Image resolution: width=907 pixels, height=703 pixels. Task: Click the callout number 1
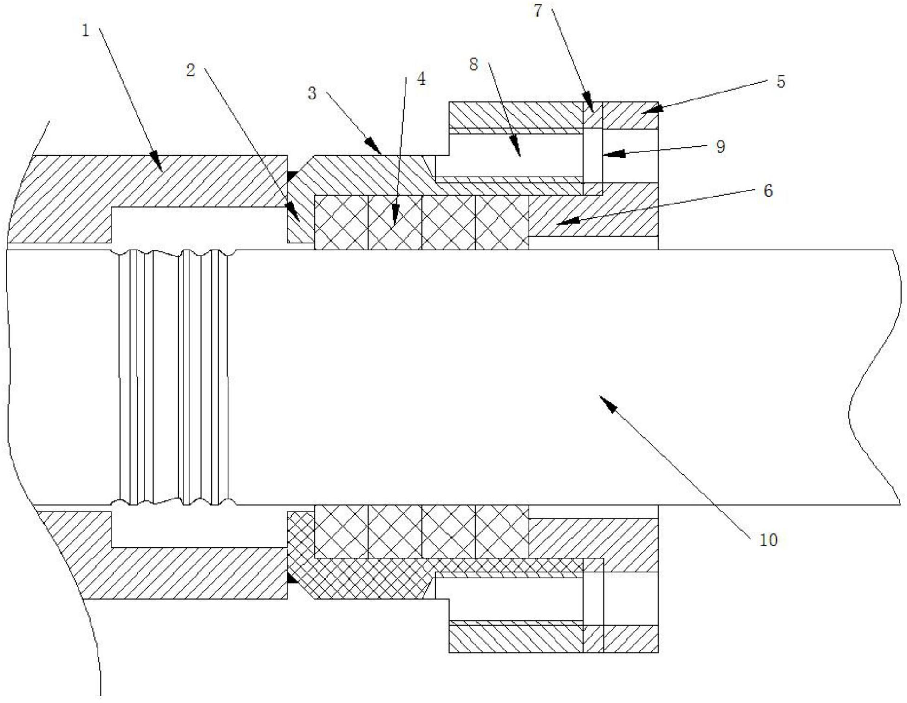pyautogui.click(x=85, y=31)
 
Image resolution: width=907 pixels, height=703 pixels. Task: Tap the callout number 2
pyautogui.click(x=190, y=71)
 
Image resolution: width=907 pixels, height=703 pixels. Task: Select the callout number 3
pyautogui.click(x=312, y=93)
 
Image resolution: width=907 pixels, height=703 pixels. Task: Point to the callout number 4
pyautogui.click(x=421, y=79)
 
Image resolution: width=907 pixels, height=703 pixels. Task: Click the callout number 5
pyautogui.click(x=781, y=82)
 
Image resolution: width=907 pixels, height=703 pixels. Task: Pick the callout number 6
pyautogui.click(x=768, y=191)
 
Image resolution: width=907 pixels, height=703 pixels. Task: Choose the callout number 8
pyautogui.click(x=473, y=65)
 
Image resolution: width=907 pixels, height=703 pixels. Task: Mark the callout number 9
pyautogui.click(x=720, y=147)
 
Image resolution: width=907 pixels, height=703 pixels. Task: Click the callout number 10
pyautogui.click(x=768, y=540)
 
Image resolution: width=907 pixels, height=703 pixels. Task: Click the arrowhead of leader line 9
pyautogui.click(x=608, y=153)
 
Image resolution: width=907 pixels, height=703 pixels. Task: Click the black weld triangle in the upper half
pyautogui.click(x=292, y=176)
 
